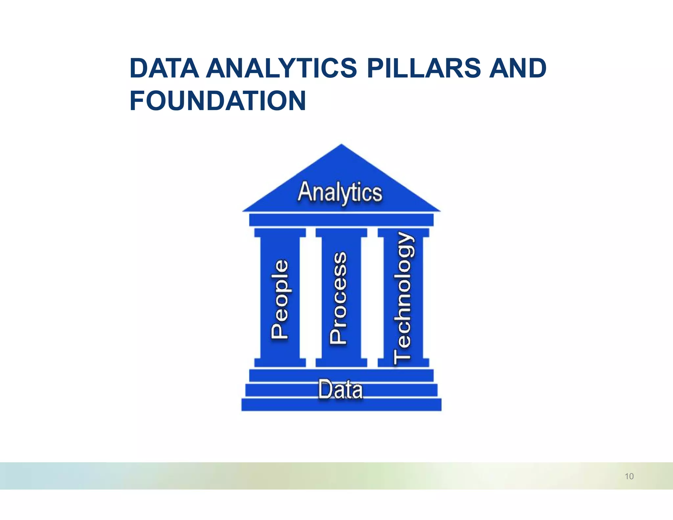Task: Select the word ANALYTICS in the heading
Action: pos(281,68)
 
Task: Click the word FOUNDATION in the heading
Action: pos(218,101)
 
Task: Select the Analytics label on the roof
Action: pos(340,192)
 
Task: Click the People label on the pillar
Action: pos(280,299)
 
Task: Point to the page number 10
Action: pos(629,476)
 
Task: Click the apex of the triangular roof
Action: pos(341,146)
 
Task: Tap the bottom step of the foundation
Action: pos(341,405)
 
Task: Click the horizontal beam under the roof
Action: pos(341,220)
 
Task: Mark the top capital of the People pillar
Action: pos(280,233)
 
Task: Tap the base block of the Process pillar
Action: pos(341,362)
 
